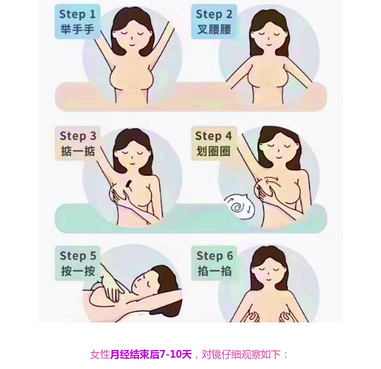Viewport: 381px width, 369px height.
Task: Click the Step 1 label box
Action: pos(78,22)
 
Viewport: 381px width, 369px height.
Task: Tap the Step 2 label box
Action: pos(214,22)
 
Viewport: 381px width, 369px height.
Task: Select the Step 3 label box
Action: pos(78,143)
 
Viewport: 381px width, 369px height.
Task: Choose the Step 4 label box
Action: pos(214,143)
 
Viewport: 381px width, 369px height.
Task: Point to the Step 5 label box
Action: pos(78,263)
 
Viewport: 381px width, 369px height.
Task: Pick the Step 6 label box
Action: pos(214,263)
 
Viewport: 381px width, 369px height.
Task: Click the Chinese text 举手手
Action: pos(78,30)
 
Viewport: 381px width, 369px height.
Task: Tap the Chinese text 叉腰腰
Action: pos(214,30)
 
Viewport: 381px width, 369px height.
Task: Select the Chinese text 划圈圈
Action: pos(213,152)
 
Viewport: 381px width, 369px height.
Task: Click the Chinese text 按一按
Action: pos(78,271)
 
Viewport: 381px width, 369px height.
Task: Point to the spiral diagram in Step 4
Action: pos(239,206)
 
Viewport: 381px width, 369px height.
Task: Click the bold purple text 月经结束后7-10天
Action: pos(151,354)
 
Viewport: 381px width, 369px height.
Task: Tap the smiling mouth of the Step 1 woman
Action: pos(131,44)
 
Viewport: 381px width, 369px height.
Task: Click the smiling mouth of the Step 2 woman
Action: pos(268,44)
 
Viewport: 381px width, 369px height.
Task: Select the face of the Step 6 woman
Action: pos(268,272)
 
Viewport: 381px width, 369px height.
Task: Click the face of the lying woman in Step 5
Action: pos(144,283)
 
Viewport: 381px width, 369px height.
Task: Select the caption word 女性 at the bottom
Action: pos(100,354)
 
